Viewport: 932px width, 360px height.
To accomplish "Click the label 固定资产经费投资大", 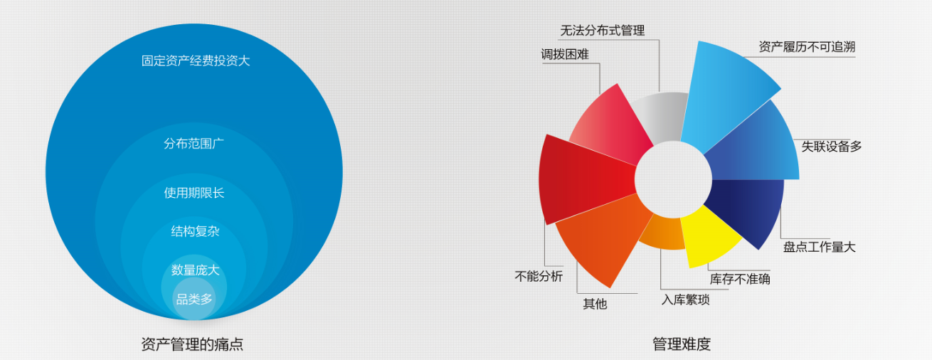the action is (196, 60).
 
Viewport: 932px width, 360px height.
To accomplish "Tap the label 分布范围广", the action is (194, 144).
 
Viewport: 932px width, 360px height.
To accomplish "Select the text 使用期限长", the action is (194, 193).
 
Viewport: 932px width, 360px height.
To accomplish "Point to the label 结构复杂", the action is (195, 231).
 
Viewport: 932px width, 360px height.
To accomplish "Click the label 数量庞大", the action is (195, 270).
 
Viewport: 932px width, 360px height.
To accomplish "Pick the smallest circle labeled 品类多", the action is (194, 298).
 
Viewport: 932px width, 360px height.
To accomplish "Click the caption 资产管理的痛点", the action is (192, 344).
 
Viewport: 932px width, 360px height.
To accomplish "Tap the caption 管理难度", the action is (682, 344).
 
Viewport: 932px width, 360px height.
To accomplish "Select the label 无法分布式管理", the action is (603, 31).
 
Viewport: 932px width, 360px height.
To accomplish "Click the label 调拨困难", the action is (565, 54).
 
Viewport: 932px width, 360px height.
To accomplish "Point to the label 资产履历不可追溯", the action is (807, 47).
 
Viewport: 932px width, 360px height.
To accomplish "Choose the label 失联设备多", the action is (831, 146).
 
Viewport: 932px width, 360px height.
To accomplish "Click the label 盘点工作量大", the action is (820, 247).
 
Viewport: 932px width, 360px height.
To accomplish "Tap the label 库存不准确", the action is (740, 279).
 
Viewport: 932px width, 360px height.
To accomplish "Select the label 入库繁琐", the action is (685, 300).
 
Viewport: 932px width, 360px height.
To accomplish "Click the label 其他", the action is (595, 304).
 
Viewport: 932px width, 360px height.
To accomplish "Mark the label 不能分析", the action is (539, 276).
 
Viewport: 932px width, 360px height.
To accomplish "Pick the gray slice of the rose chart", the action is (662, 117).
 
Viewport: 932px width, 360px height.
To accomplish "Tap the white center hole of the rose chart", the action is (673, 179).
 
